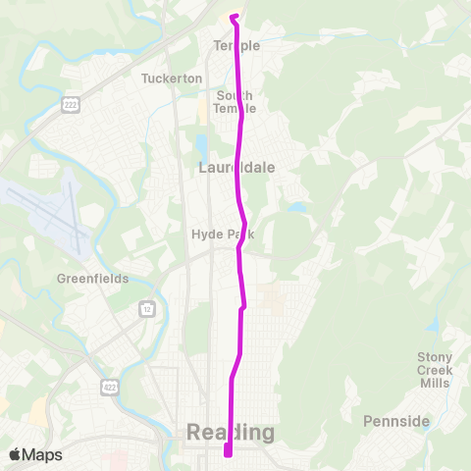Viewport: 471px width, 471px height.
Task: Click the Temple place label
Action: click(x=236, y=46)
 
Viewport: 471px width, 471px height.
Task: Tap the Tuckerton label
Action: click(x=171, y=78)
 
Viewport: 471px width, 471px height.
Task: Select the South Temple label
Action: click(x=235, y=101)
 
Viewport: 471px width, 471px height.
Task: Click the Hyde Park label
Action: click(x=214, y=235)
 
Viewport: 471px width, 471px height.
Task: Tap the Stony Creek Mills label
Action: click(x=434, y=369)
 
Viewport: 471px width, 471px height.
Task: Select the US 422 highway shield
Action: click(x=108, y=389)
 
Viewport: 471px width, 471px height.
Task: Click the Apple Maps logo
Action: click(x=35, y=454)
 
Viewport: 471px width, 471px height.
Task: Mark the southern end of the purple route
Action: click(x=228, y=452)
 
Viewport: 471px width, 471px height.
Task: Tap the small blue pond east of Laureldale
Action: click(x=296, y=207)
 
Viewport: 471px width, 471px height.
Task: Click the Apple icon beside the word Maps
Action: click(x=15, y=454)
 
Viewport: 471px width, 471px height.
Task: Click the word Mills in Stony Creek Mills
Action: click(x=434, y=383)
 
